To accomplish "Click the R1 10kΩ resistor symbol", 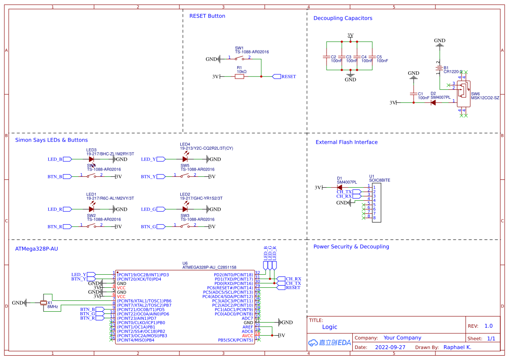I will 239,77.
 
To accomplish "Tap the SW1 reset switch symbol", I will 239,58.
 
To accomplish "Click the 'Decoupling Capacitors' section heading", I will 343,18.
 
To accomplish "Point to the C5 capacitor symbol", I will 372,57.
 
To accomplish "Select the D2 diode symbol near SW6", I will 433,103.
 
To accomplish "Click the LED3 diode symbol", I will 91,159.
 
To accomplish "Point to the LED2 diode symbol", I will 185,209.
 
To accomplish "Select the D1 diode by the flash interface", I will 340,188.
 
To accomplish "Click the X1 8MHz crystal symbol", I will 44,303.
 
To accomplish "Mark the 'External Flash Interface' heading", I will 346,142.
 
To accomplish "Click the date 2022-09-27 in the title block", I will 390,347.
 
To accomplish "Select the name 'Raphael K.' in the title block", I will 457,347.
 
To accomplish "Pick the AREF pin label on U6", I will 247,327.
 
